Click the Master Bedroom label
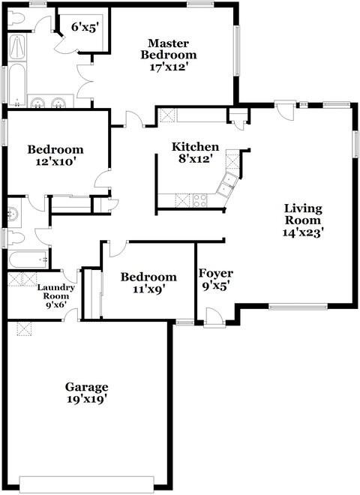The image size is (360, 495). (172, 49)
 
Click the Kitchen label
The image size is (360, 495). (196, 146)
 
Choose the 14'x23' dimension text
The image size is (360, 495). (303, 232)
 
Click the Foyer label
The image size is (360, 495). (215, 273)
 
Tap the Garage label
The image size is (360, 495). (86, 387)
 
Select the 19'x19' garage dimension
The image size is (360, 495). (86, 400)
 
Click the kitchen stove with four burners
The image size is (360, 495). (200, 199)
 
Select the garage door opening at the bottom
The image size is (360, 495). (87, 481)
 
